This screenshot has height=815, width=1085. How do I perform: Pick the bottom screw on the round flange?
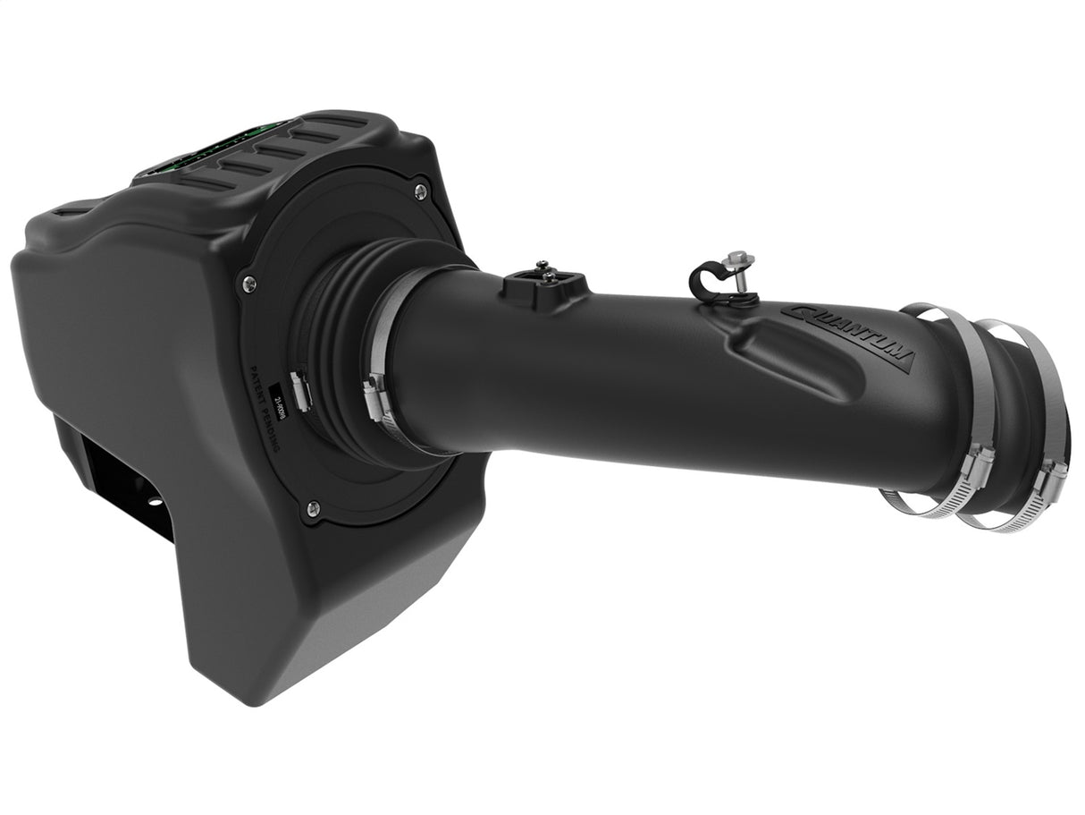311,509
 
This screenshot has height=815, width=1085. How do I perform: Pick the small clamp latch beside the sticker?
300,391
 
